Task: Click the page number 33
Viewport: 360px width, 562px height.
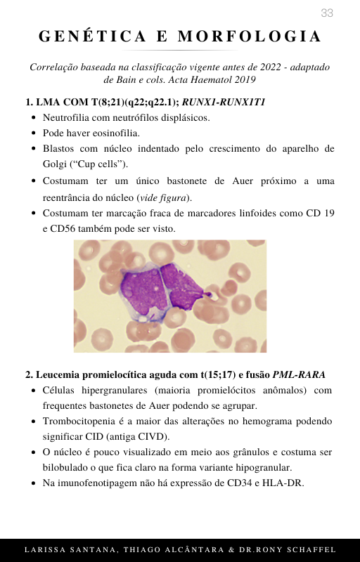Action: pyautogui.click(x=327, y=13)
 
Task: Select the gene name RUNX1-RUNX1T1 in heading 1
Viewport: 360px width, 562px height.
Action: pyautogui.click(x=224, y=102)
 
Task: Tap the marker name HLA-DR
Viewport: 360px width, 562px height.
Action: pyautogui.click(x=285, y=483)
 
